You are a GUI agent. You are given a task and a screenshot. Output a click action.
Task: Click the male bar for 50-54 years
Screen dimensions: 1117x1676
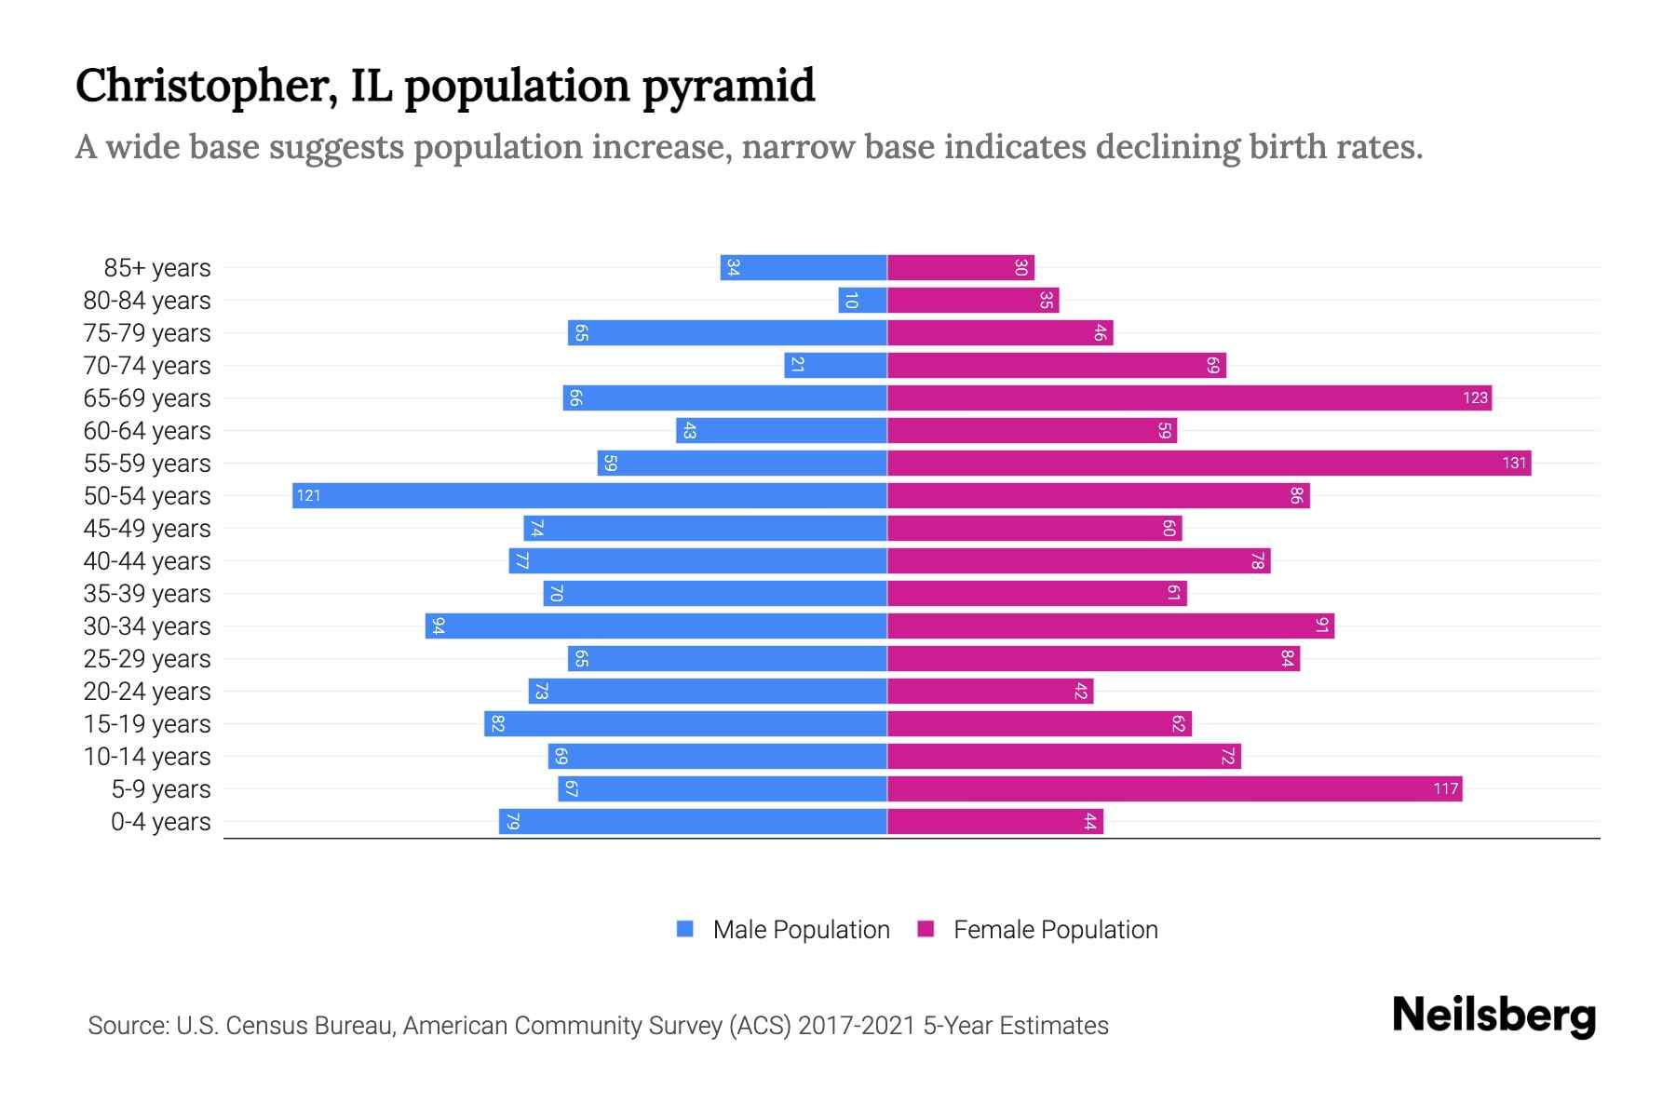point(589,495)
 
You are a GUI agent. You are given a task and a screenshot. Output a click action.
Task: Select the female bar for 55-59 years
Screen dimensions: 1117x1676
point(1209,463)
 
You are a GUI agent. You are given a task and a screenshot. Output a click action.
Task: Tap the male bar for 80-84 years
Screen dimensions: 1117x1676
point(862,300)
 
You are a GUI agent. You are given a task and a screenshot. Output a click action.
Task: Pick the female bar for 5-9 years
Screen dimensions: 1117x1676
point(1174,788)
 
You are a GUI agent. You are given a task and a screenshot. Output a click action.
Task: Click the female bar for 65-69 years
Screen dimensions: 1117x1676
point(1189,397)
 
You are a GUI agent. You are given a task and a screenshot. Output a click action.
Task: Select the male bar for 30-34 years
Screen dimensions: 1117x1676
point(656,626)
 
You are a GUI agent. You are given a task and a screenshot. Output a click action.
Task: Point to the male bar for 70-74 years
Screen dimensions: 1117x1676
point(835,365)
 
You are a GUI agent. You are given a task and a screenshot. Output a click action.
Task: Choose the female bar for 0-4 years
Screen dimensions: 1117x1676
point(994,821)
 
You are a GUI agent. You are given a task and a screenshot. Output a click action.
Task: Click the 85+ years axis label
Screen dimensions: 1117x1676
point(157,268)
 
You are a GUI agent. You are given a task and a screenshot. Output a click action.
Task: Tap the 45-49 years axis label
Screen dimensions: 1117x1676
point(147,529)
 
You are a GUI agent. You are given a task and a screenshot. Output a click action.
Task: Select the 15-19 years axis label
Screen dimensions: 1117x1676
point(147,724)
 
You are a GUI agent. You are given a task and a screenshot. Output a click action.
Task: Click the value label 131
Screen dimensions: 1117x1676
point(1514,463)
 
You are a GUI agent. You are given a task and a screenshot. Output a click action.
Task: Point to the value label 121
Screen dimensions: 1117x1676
point(308,495)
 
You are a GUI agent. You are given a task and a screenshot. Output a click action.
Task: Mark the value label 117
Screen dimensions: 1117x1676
point(1445,788)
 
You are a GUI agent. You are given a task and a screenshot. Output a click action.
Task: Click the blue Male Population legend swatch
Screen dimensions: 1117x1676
point(685,929)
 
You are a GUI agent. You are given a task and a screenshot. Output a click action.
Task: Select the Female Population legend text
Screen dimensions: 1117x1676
point(1055,929)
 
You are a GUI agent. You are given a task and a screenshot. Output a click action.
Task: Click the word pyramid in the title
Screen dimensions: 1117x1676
point(728,87)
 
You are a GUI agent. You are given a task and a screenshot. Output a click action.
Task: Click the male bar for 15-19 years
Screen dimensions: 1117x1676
point(685,723)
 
